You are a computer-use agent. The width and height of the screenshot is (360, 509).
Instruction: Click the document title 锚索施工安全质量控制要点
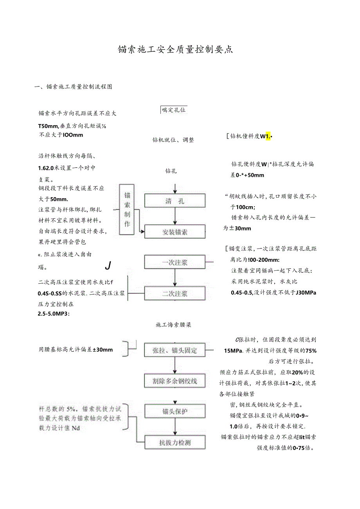(x=176, y=50)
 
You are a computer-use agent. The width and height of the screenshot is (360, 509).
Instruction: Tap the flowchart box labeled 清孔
(x=175, y=201)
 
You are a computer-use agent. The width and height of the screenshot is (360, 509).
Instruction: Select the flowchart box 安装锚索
(x=175, y=232)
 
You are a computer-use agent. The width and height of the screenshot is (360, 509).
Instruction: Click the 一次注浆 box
(x=175, y=263)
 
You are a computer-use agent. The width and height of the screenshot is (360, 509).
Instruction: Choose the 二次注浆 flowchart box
(x=175, y=293)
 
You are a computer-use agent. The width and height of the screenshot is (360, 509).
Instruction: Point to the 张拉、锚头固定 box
(x=175, y=350)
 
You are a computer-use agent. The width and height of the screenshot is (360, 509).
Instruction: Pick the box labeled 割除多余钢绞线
(x=175, y=381)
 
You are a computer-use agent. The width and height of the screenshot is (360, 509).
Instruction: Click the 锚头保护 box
(x=175, y=411)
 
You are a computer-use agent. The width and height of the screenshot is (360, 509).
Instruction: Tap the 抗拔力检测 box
(x=175, y=442)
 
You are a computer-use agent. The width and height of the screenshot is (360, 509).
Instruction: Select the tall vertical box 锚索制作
(x=128, y=210)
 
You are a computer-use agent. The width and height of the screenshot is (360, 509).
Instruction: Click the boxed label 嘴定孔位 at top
(x=174, y=110)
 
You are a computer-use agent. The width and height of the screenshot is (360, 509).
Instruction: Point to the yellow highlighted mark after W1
(x=268, y=136)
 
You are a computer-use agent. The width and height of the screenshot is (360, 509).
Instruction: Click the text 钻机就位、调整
(x=173, y=140)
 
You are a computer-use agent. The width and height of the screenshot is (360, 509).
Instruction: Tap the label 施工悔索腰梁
(x=173, y=325)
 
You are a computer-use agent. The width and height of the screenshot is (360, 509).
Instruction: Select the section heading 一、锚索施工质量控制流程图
(x=74, y=87)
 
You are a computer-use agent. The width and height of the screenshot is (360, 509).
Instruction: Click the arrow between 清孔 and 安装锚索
(x=175, y=216)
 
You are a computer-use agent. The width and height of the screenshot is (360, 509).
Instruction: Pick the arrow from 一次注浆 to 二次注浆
(x=175, y=278)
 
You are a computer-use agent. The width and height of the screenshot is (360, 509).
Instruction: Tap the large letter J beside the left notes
(x=108, y=266)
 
